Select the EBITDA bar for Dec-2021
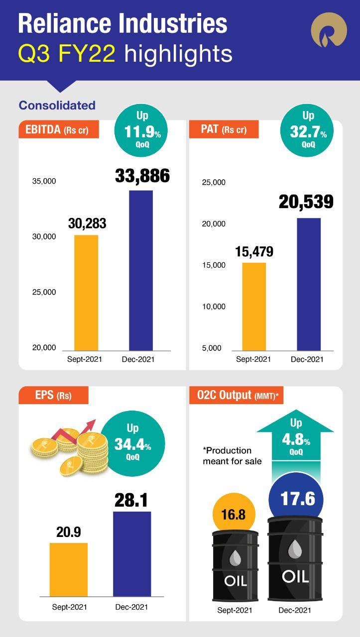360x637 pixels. pyautogui.click(x=141, y=270)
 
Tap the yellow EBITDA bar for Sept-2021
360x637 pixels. pyautogui.click(x=86, y=293)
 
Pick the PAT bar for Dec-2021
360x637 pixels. pyautogui.click(x=309, y=284)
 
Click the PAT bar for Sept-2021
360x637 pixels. pyautogui.click(x=254, y=306)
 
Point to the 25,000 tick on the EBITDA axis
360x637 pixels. pyautogui.click(x=44, y=292)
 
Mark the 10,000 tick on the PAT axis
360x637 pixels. pyautogui.click(x=214, y=307)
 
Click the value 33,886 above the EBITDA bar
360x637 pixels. pyautogui.click(x=142, y=176)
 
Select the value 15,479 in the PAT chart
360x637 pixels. pyautogui.click(x=254, y=252)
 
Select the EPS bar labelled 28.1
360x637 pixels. pyautogui.click(x=132, y=553)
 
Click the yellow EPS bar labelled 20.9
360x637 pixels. pyautogui.click(x=69, y=569)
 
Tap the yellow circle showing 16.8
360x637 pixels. pyautogui.click(x=234, y=515)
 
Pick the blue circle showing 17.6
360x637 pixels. pyautogui.click(x=296, y=499)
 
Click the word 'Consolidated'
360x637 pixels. pyautogui.click(x=57, y=106)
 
